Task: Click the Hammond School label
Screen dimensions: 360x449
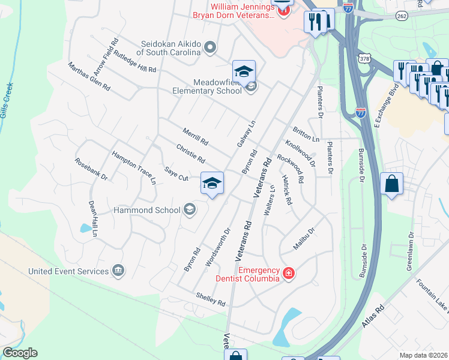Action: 147,210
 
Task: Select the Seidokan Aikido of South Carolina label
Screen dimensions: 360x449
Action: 170,48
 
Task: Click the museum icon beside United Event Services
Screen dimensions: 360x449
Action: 118,271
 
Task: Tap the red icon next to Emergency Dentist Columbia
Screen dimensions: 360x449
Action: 289,274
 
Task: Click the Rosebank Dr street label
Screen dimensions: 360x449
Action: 91,169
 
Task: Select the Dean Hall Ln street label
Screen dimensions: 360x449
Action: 93,219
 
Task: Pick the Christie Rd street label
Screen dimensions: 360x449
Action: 191,154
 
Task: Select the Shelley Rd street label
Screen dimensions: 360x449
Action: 210,298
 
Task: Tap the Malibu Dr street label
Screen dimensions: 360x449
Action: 304,239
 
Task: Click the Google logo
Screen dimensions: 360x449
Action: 20,353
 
